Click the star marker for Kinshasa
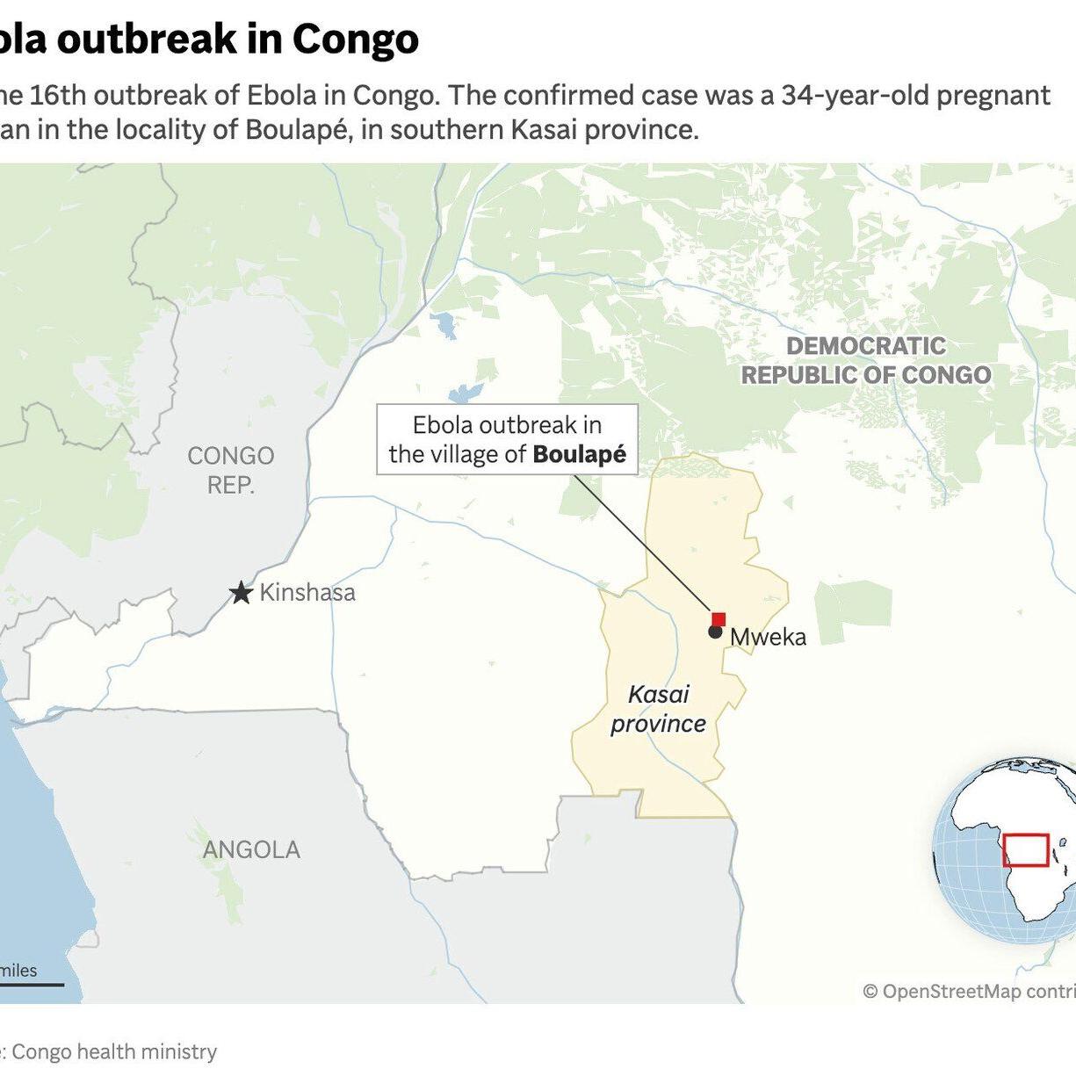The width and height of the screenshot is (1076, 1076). (241, 593)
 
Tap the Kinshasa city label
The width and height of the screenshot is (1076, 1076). (307, 593)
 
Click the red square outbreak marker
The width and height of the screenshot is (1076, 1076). (719, 619)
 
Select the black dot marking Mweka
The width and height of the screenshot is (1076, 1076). (715, 632)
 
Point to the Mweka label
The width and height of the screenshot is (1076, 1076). (768, 637)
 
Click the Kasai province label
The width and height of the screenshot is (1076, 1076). (659, 709)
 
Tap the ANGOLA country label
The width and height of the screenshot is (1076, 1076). (251, 849)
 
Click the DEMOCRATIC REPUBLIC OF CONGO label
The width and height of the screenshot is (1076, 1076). (866, 360)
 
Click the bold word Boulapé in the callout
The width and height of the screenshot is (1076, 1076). (580, 454)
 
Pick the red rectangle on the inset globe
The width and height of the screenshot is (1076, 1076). (1026, 850)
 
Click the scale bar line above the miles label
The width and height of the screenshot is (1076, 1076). (31, 985)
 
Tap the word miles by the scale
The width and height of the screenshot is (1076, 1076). (18, 971)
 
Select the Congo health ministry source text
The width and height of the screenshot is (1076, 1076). (114, 1051)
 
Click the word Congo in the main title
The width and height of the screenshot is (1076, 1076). (356, 39)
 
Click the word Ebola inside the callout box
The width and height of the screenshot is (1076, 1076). (444, 425)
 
